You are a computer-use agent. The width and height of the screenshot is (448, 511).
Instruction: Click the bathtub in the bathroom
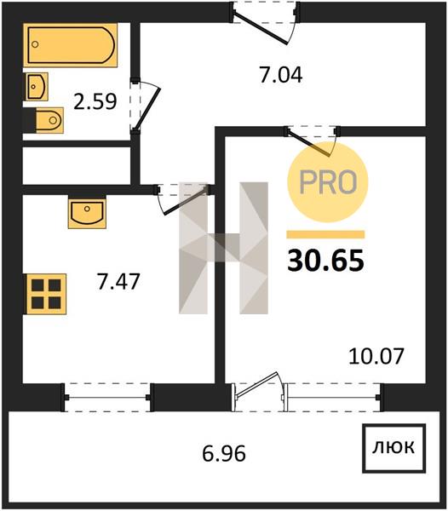(70, 45)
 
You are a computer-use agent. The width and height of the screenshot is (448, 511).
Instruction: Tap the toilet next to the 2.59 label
(49, 120)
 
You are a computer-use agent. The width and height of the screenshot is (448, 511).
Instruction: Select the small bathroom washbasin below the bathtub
(37, 86)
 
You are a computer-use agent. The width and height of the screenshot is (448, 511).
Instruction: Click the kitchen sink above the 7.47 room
(87, 213)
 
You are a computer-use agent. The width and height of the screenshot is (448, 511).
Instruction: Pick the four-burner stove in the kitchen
(46, 295)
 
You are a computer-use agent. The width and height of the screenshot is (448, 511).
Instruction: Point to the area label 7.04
(281, 75)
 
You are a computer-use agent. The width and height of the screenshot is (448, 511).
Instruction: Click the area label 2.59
(95, 101)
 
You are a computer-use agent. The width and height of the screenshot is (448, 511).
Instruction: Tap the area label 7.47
(118, 282)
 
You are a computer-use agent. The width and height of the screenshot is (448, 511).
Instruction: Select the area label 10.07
(376, 356)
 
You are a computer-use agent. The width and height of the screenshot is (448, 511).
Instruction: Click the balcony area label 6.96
(224, 454)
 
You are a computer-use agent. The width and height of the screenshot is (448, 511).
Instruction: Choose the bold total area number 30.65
(325, 261)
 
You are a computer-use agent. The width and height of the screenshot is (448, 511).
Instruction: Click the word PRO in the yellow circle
(328, 182)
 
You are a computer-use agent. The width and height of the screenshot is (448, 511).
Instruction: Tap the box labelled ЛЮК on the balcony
(393, 449)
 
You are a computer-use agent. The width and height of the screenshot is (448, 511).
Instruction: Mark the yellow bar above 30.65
(325, 235)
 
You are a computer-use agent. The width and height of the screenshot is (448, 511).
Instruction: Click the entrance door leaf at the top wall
(261, 28)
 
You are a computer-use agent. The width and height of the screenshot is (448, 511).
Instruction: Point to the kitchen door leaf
(186, 200)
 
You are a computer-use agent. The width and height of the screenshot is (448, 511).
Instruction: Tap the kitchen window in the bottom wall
(107, 398)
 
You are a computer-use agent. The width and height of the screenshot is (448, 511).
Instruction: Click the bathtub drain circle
(35, 44)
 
